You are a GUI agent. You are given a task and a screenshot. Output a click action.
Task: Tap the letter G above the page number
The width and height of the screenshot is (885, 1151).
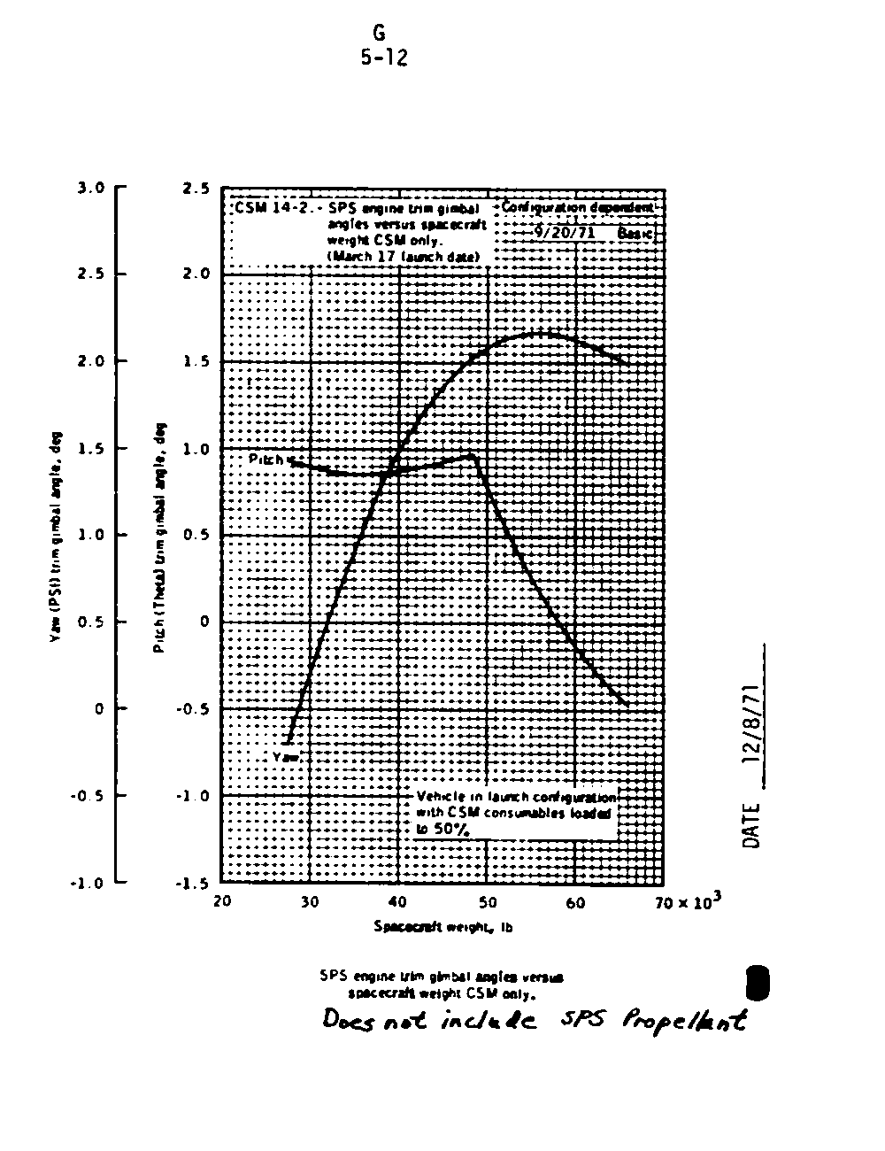379,34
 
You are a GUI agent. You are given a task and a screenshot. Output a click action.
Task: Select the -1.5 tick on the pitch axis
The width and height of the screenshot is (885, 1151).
192,883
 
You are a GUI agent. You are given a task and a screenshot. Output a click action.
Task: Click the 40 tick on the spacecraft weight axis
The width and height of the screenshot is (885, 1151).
397,902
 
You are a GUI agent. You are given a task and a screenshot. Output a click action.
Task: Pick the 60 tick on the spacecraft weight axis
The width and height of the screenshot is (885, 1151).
575,902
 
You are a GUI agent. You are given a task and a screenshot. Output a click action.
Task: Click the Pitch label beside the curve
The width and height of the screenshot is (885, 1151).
266,460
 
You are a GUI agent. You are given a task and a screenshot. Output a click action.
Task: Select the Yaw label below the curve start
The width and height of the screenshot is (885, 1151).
287,757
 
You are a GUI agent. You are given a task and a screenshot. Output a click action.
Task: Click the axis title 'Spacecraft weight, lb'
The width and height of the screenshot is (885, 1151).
442,927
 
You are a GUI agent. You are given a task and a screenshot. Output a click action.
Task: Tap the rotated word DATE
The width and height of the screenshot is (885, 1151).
753,825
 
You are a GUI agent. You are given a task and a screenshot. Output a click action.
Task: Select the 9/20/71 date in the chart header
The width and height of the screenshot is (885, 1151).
563,233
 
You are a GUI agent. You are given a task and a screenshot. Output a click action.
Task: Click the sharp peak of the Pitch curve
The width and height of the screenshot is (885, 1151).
474,455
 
